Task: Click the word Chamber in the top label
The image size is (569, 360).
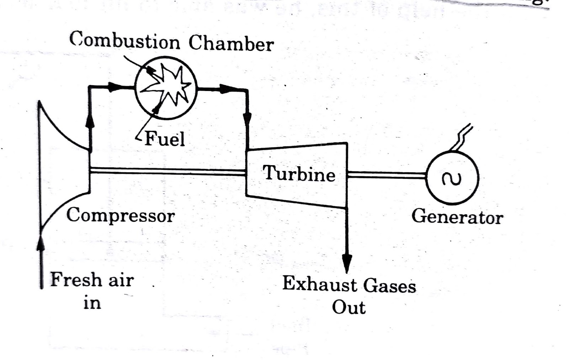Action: (x=231, y=44)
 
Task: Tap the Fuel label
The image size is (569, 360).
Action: (x=165, y=139)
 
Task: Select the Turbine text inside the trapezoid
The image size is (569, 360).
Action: (x=299, y=174)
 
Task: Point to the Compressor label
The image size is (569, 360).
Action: (x=121, y=215)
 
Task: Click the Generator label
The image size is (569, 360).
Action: (x=457, y=216)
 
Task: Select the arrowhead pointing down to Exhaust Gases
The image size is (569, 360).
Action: (x=347, y=263)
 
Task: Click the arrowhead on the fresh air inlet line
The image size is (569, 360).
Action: (x=41, y=242)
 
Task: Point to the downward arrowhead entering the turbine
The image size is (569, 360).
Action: (x=248, y=119)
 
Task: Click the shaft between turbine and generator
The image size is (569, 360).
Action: (x=386, y=174)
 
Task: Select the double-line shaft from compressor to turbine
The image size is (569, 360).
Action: (x=167, y=171)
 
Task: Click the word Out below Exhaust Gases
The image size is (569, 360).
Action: (x=348, y=307)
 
